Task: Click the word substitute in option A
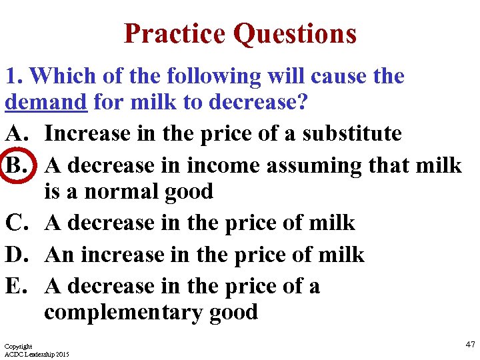click(x=352, y=133)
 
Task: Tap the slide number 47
click(x=470, y=344)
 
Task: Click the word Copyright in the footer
click(x=18, y=347)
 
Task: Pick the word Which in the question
click(x=63, y=76)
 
